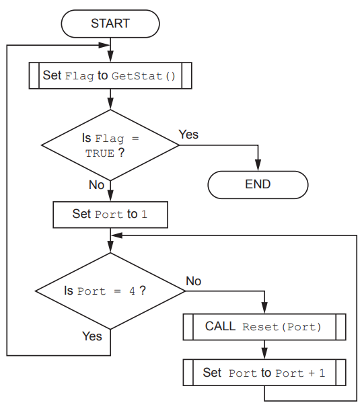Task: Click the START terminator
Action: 110,24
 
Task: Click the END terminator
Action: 258,184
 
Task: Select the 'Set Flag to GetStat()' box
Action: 110,75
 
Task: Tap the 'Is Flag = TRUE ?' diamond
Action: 110,145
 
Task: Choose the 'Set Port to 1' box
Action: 110,215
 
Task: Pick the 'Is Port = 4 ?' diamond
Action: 110,291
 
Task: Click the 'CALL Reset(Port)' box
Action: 264,327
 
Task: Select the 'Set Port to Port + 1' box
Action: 264,372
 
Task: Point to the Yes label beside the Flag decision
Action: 189,135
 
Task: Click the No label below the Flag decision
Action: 96,185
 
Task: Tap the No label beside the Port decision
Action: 193,281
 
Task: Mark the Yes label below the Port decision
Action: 92,335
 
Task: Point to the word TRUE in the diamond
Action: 100,153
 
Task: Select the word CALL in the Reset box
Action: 220,327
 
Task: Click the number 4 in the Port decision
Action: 132,292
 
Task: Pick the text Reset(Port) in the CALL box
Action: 281,328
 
